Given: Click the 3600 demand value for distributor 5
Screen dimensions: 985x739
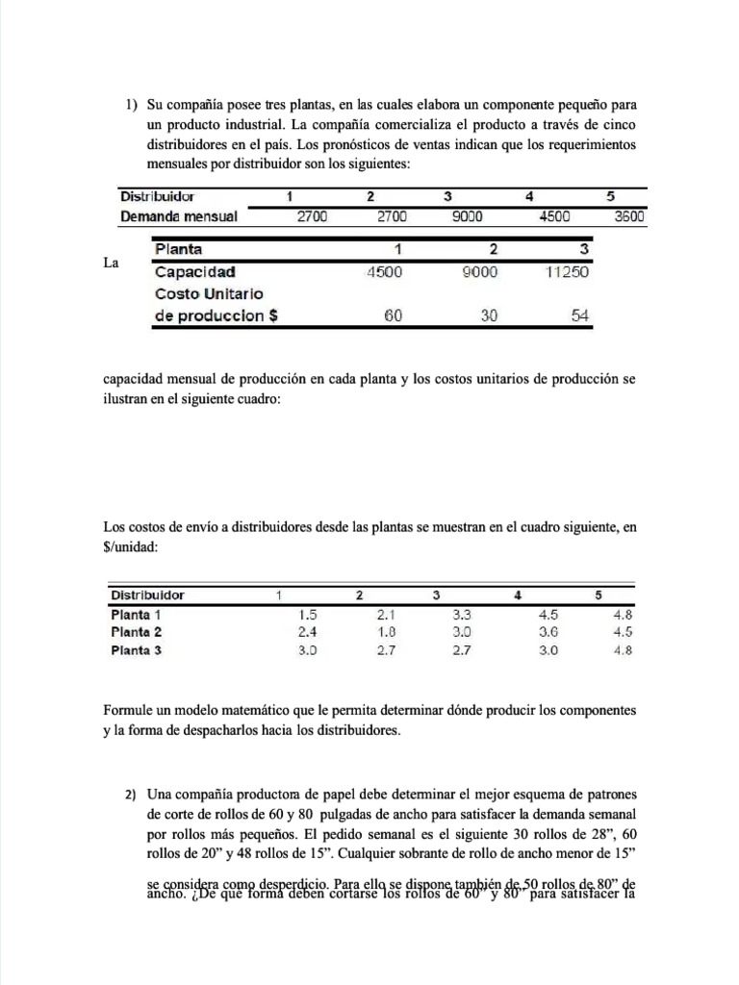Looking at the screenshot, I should coord(629,216).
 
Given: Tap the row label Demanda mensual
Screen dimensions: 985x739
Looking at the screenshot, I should coord(178,216).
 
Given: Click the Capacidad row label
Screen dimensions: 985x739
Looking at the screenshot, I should coord(195,271).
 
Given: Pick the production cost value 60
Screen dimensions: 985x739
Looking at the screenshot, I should coord(393,316).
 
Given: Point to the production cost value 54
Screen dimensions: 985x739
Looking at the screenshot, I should coord(579,316).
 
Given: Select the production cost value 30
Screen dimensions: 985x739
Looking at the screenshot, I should coord(489,316).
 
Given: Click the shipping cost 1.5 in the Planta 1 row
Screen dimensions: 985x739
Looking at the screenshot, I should coord(308,614).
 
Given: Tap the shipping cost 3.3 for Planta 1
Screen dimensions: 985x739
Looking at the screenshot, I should coord(462,614).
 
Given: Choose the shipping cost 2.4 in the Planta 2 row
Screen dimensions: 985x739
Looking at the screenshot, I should coord(308,632).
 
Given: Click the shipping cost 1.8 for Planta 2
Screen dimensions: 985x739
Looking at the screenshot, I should coord(386,632).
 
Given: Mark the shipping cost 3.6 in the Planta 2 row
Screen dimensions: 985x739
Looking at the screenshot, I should coord(548,632).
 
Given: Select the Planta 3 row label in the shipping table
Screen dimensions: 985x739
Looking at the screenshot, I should coord(137,650).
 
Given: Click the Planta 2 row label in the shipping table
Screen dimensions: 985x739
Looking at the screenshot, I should coord(137,632).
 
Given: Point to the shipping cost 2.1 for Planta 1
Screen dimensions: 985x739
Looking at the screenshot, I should coord(386,614).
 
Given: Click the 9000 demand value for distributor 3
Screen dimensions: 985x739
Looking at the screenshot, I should coord(469,216).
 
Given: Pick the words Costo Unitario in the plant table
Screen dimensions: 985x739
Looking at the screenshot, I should coord(209,292).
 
